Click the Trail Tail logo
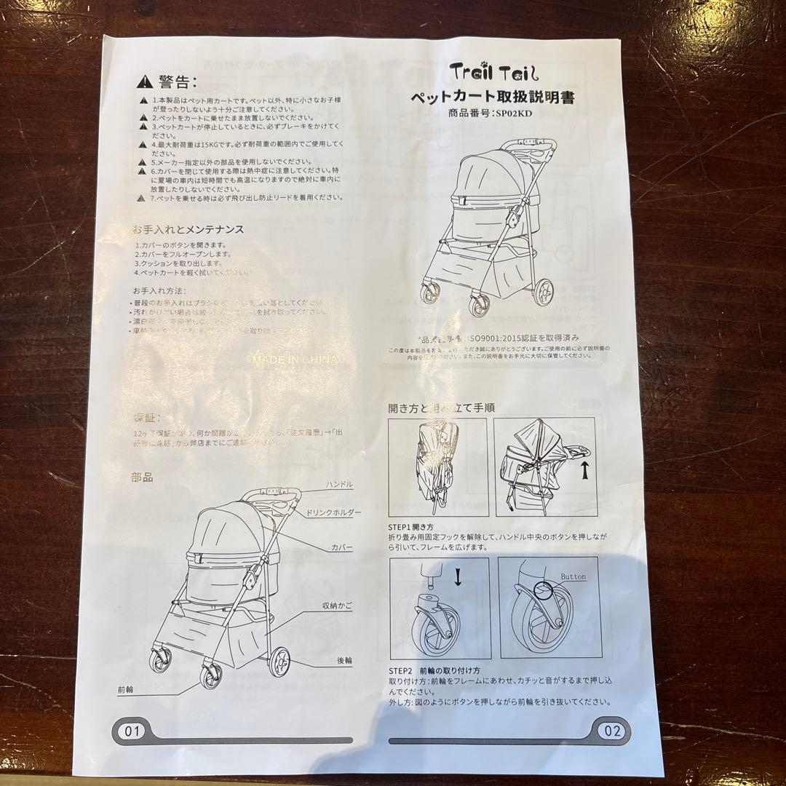[x=493, y=72]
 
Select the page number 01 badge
[x=132, y=731]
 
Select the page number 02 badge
[x=613, y=731]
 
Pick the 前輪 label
[x=125, y=688]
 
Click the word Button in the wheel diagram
[x=573, y=576]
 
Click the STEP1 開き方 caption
[x=411, y=525]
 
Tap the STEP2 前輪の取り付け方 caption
[x=434, y=670]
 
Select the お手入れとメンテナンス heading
[x=188, y=229]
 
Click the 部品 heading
[x=142, y=477]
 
